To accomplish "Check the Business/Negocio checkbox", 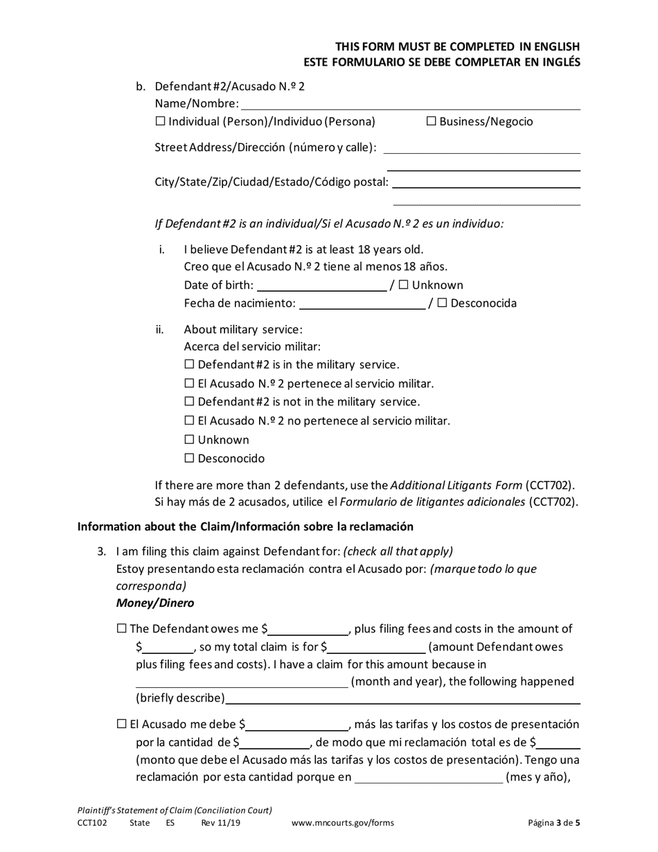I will click(x=431, y=122).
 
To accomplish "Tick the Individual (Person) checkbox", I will click(x=161, y=122).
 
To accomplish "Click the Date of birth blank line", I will click(x=321, y=285).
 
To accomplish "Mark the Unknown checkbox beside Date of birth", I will click(x=404, y=285).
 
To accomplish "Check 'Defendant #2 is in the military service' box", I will click(x=190, y=365).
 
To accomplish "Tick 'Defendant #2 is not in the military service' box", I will click(x=190, y=402).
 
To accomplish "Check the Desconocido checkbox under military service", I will click(x=190, y=459).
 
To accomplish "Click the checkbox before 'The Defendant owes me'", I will click(x=123, y=629).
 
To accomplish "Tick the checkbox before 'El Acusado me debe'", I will click(x=123, y=725).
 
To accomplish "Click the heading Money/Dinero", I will click(x=155, y=603).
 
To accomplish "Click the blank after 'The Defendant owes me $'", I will click(x=308, y=630).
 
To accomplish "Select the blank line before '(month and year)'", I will click(x=242, y=682).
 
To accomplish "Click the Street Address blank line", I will click(x=481, y=148).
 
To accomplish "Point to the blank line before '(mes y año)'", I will click(x=429, y=778).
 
